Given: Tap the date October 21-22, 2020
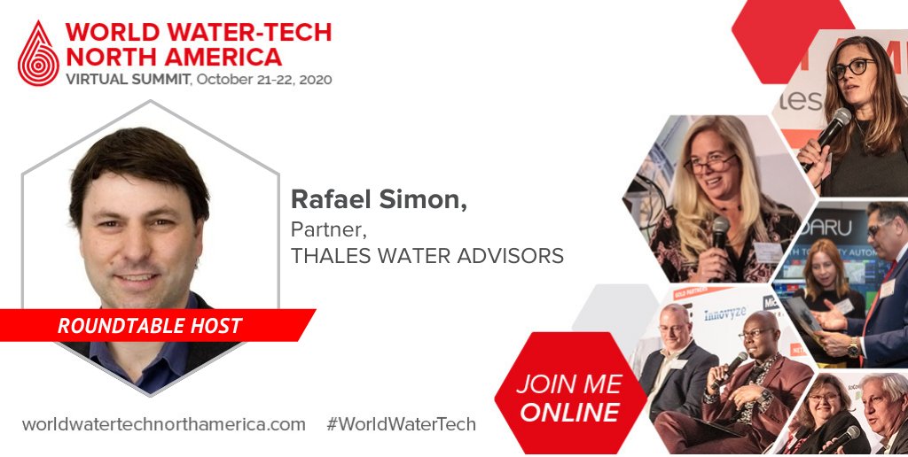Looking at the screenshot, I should pyautogui.click(x=264, y=79).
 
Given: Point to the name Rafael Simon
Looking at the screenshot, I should pyautogui.click(x=379, y=201).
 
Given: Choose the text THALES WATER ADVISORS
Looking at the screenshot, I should pyautogui.click(x=427, y=256).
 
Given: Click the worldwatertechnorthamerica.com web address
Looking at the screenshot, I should pyautogui.click(x=164, y=424).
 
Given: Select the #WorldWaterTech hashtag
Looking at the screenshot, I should pyautogui.click(x=401, y=424).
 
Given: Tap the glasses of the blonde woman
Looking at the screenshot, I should pyautogui.click(x=708, y=164).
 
